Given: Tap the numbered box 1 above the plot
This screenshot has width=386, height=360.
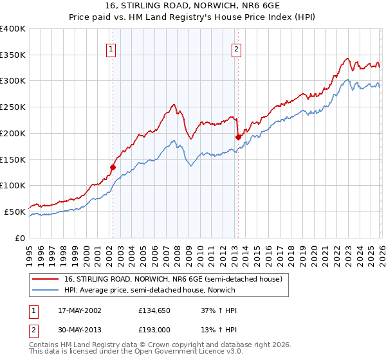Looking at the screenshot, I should [111, 49].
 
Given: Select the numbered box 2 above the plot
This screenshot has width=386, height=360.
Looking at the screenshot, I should [237, 49].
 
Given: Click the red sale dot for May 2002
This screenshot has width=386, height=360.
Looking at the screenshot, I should [113, 167].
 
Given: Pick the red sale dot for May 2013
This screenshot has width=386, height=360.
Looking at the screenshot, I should [238, 136].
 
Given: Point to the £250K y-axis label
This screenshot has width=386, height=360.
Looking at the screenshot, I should [13, 107].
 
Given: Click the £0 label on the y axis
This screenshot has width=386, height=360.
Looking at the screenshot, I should [20, 238].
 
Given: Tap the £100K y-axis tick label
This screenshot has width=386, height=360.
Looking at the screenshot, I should [13, 186].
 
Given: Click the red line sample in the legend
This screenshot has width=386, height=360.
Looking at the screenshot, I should [46, 279].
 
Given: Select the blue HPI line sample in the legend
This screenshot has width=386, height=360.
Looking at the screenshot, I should [46, 290].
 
